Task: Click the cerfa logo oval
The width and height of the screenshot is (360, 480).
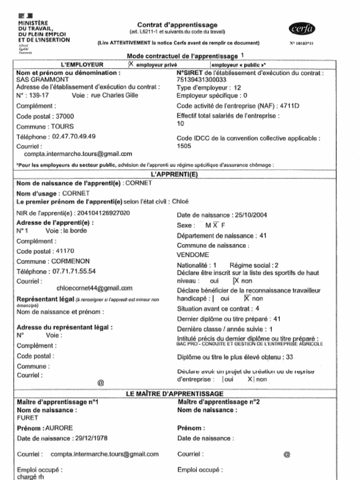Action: point(302,29)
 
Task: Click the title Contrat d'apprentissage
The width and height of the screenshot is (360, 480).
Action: point(177,25)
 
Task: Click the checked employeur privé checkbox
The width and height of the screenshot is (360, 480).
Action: point(131,65)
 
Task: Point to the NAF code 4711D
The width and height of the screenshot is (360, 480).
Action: point(290,106)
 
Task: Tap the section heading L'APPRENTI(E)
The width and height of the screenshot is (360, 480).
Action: point(175,174)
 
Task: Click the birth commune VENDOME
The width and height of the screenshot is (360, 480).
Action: point(193,255)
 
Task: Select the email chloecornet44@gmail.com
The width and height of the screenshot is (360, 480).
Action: point(94,288)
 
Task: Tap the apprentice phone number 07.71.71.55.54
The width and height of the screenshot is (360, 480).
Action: point(74,271)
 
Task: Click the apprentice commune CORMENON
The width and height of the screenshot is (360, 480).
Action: point(70,261)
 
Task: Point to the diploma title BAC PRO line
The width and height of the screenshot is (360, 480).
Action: point(250,344)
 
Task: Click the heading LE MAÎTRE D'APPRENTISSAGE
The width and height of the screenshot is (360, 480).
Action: point(174,394)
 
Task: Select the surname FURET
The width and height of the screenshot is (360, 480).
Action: point(27,417)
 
